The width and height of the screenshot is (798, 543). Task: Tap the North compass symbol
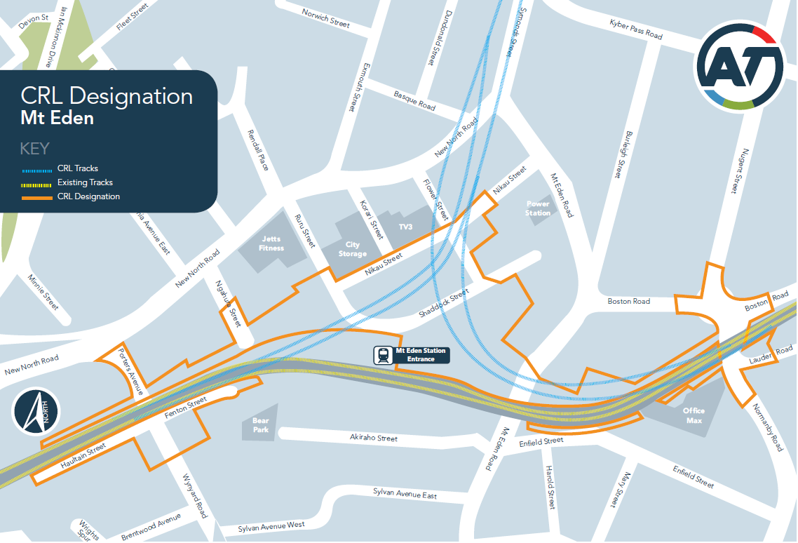[36, 412]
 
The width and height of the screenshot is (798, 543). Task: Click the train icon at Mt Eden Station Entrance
[384, 355]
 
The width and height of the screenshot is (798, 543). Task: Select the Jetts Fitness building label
[271, 243]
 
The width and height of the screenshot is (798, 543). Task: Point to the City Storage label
[352, 249]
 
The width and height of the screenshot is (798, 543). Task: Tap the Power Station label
[538, 208]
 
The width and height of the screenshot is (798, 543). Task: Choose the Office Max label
[694, 415]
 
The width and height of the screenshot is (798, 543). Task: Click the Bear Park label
[260, 425]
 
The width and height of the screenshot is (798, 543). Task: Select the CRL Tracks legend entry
[78, 168]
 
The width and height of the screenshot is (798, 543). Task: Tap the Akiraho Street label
[374, 438]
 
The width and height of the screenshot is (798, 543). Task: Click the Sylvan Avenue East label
[405, 494]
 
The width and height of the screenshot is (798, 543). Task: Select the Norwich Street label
[325, 18]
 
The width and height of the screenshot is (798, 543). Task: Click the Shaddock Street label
[442, 303]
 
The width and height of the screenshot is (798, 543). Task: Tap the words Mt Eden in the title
[58, 118]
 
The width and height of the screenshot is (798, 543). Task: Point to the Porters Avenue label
[130, 369]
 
